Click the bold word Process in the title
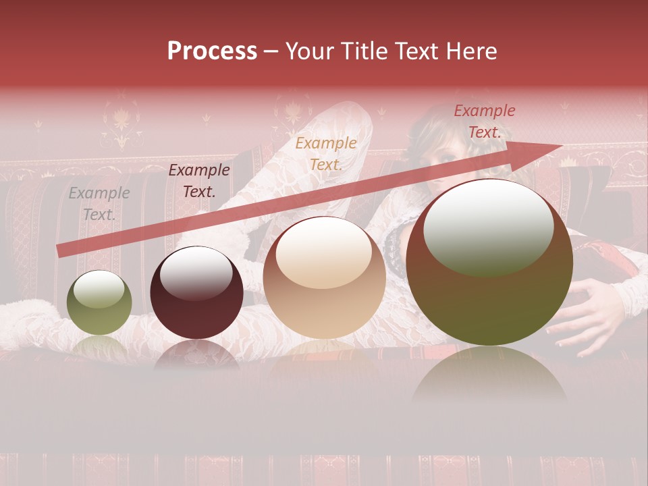pyautogui.click(x=212, y=51)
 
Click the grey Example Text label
pyautogui.click(x=99, y=204)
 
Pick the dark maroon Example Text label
pyautogui.click(x=198, y=181)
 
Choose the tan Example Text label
pyautogui.click(x=326, y=153)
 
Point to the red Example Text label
pyautogui.click(x=484, y=122)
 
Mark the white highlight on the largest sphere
pyautogui.click(x=488, y=226)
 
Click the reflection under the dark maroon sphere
pyautogui.click(x=196, y=354)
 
